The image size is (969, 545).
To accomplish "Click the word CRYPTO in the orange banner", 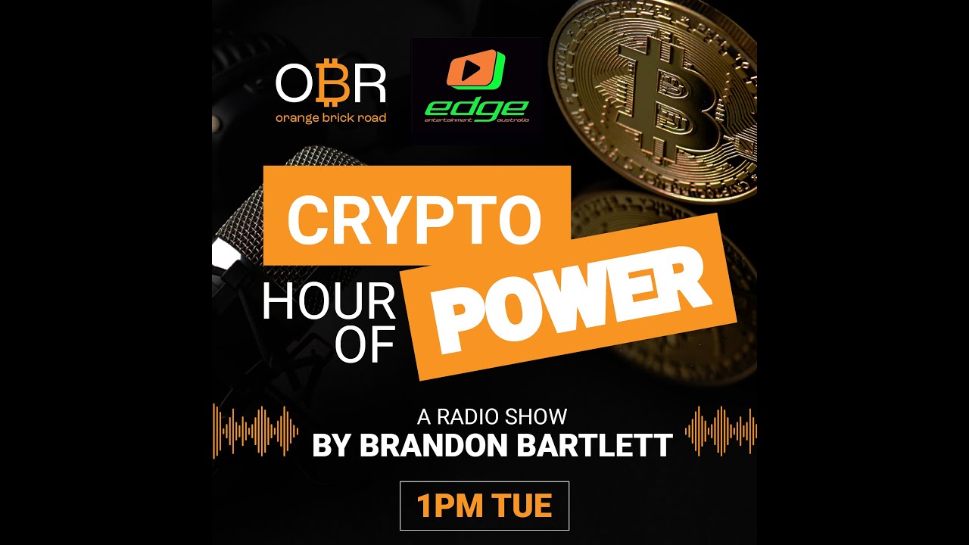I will click(x=414, y=217).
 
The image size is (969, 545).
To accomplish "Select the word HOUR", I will click(x=329, y=304).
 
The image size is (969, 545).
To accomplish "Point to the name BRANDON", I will click(x=434, y=446).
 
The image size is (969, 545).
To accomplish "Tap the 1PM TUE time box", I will click(x=484, y=506).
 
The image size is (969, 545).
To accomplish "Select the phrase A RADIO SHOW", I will click(x=491, y=416).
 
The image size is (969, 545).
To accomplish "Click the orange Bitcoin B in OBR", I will click(x=330, y=84).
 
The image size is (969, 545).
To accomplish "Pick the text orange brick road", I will click(x=331, y=118).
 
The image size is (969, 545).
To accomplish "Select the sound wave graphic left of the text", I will click(x=255, y=431).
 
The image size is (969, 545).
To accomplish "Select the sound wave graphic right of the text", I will click(x=720, y=431).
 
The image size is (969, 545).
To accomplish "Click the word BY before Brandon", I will click(x=332, y=446).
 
